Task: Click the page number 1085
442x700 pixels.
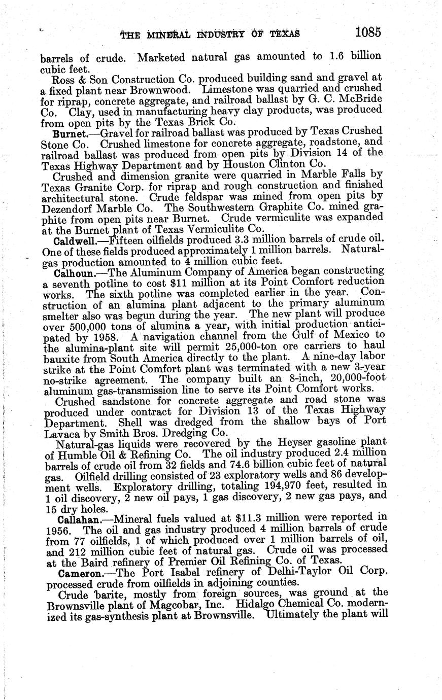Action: click(x=368, y=32)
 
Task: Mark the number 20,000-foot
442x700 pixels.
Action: click(x=358, y=379)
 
